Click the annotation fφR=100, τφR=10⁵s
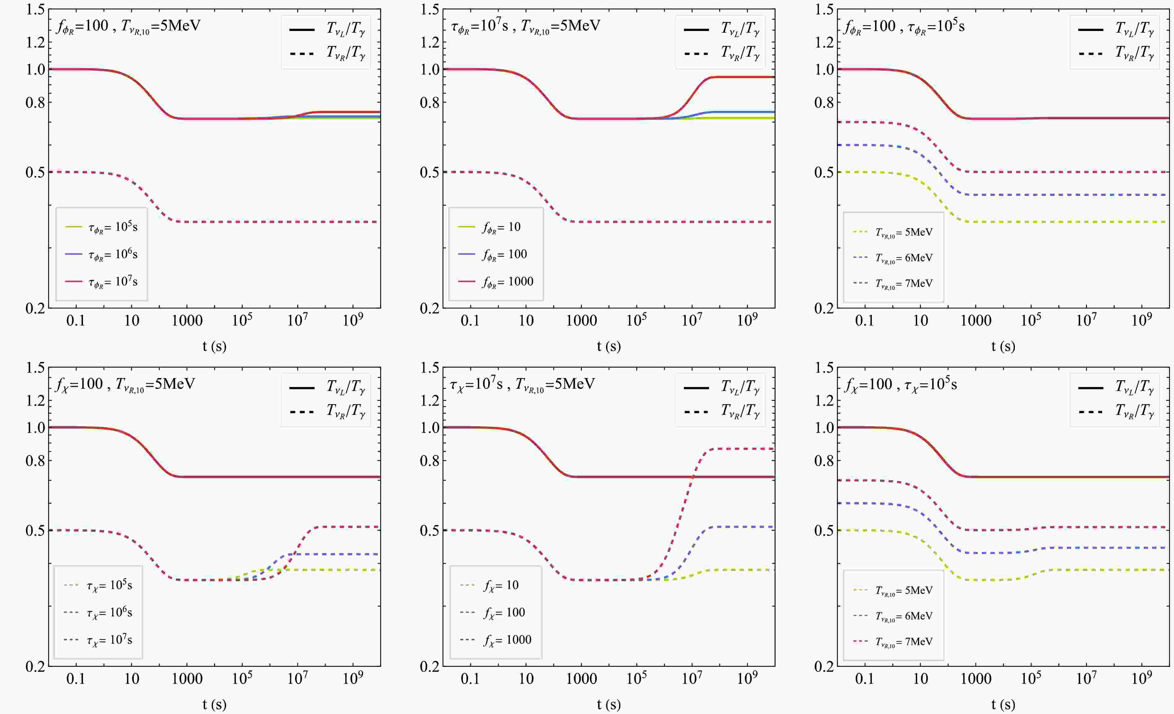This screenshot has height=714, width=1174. [904, 26]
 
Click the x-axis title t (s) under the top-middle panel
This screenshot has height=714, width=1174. [609, 346]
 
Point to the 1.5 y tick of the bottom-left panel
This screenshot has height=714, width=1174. [35, 368]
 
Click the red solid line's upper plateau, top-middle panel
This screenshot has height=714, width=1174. [743, 77]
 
